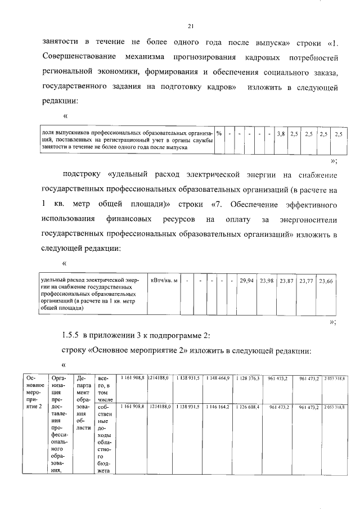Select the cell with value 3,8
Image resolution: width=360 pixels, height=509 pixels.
click(x=280, y=134)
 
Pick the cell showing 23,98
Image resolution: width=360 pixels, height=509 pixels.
click(x=267, y=280)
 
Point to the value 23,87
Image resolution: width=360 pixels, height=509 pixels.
click(x=286, y=280)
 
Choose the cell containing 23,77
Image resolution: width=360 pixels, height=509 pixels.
click(x=306, y=280)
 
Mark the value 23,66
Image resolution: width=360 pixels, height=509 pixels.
click(x=326, y=280)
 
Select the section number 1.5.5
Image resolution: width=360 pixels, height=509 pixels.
click(x=71, y=336)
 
